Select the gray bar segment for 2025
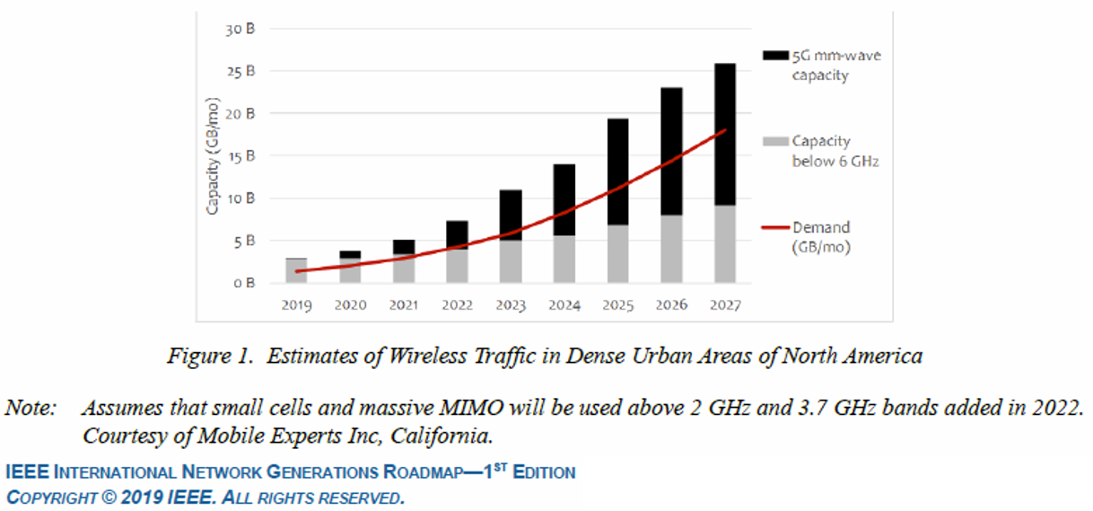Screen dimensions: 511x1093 [x=618, y=252]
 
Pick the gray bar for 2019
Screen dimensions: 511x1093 [x=296, y=270]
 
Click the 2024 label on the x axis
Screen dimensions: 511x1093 [x=564, y=305]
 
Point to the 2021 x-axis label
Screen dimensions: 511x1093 [x=403, y=305]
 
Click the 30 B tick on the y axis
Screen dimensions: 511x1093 [x=241, y=29]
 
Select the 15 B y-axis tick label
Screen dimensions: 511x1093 [x=241, y=156]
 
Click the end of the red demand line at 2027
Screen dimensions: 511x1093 [x=724, y=130]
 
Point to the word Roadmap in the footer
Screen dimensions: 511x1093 [x=420, y=472]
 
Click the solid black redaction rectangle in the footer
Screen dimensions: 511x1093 [x=837, y=484]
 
